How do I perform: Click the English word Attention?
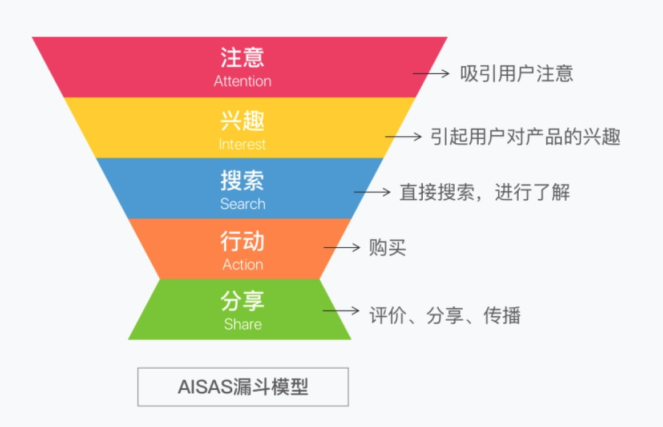click(242, 81)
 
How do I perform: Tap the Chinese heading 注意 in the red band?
click(242, 58)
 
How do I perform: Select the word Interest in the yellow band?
click(242, 144)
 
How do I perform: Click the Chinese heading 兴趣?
click(242, 121)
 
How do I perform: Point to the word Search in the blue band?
click(242, 204)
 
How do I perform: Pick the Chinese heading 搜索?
click(242, 181)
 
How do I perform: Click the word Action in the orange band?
click(242, 264)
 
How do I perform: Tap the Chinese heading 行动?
click(242, 241)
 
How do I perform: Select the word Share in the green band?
click(242, 324)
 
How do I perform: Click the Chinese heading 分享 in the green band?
click(242, 301)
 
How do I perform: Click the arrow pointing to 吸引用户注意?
click(431, 74)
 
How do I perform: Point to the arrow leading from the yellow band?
click(403, 136)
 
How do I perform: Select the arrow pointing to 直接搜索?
click(371, 192)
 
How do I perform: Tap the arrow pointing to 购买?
click(341, 248)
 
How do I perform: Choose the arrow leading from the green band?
click(341, 311)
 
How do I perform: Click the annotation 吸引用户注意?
click(517, 74)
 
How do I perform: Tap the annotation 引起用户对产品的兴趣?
click(525, 136)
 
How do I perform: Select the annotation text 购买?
click(387, 248)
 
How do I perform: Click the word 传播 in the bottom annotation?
click(502, 315)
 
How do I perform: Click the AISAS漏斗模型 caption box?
click(243, 387)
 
